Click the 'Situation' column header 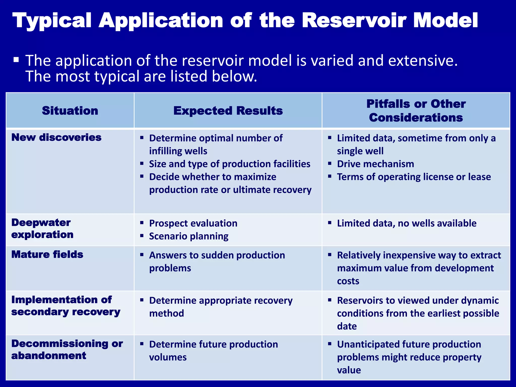70,111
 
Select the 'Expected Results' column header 228,111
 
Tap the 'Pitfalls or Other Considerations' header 416,111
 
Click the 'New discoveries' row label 56,137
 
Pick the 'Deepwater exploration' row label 42,229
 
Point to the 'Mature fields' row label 47,254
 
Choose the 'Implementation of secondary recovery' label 66,306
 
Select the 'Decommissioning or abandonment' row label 67,349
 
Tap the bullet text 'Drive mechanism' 375,164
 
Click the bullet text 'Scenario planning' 189,236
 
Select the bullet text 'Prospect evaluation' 193,223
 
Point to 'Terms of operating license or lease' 414,177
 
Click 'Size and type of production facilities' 230,164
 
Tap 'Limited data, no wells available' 407,223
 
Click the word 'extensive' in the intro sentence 423,61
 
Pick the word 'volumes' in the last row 168,357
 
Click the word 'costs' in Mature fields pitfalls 348,281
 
